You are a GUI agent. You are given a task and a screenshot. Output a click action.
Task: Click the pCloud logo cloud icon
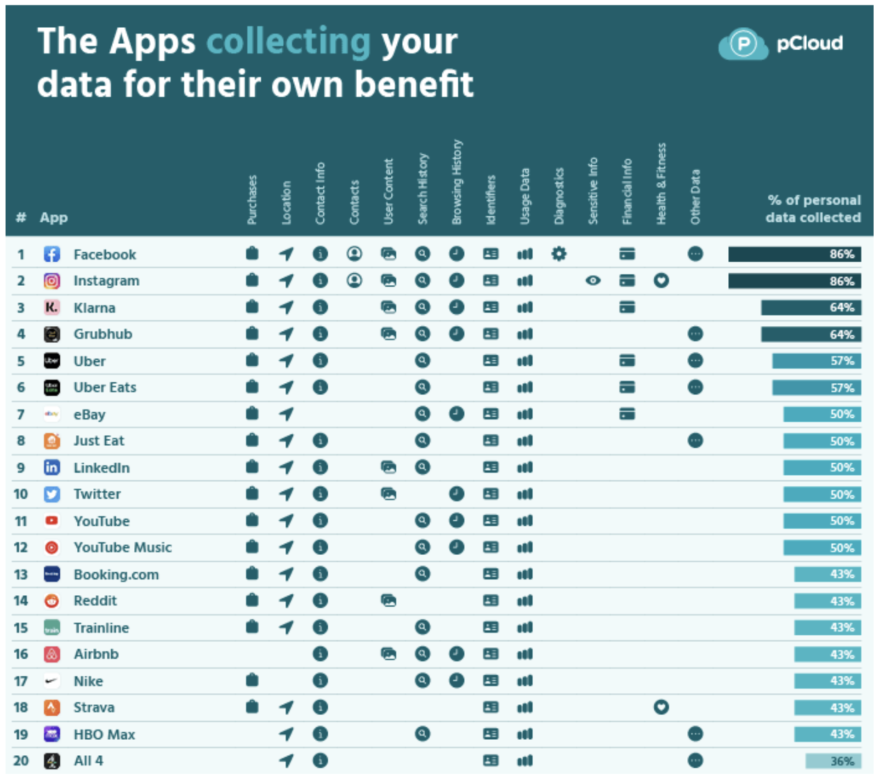click(x=743, y=44)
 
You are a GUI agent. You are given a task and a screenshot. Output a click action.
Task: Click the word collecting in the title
click(x=289, y=41)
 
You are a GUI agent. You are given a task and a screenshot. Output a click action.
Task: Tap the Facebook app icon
click(x=52, y=254)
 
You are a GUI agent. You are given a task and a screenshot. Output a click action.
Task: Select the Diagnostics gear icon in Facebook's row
click(x=559, y=254)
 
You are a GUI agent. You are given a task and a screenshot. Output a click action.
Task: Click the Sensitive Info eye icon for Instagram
click(x=593, y=281)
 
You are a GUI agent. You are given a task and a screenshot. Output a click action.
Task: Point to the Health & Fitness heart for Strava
click(x=661, y=707)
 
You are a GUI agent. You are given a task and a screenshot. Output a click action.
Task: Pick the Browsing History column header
click(x=456, y=182)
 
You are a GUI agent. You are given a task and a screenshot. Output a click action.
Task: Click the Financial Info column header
click(x=627, y=191)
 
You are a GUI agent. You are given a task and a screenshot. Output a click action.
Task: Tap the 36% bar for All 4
click(x=833, y=761)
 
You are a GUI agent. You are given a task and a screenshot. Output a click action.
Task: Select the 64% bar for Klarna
click(x=810, y=307)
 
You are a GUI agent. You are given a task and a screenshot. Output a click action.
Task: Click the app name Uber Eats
click(x=105, y=387)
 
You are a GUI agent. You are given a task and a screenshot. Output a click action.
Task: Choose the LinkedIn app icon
click(x=52, y=467)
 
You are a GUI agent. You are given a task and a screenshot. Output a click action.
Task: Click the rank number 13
click(x=21, y=574)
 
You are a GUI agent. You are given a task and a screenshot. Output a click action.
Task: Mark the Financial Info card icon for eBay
click(x=627, y=414)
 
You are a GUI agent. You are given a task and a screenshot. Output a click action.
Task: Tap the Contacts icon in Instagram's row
click(x=354, y=280)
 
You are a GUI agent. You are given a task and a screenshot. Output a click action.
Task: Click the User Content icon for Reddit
click(x=388, y=600)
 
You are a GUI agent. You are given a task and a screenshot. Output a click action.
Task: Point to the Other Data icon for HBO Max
click(x=695, y=734)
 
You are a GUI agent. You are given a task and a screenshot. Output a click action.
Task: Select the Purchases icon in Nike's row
click(x=252, y=680)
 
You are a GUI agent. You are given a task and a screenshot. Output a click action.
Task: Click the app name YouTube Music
click(x=122, y=547)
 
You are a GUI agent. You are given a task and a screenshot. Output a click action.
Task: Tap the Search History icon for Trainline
click(x=422, y=627)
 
